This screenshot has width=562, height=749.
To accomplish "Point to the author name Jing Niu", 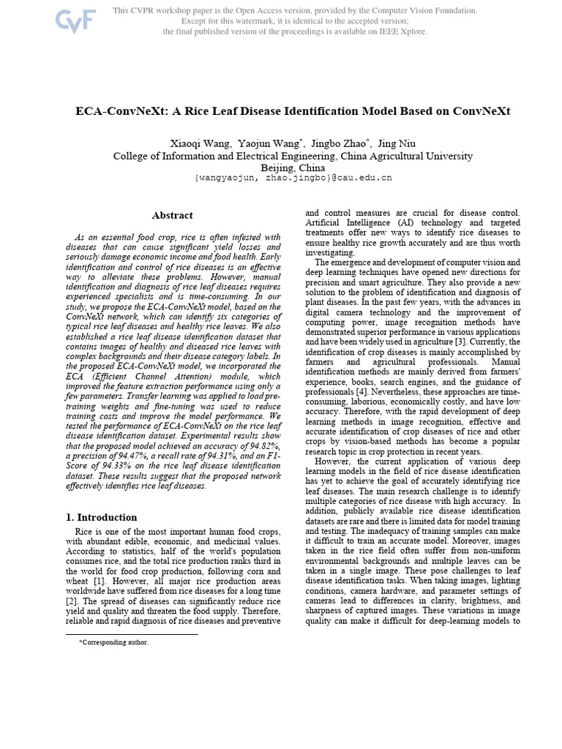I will [x=397, y=143].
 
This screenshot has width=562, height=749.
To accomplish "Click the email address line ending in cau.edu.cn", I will [x=293, y=178].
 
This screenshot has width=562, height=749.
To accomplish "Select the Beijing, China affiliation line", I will [x=293, y=167].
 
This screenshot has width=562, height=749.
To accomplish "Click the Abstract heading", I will [x=173, y=215].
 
